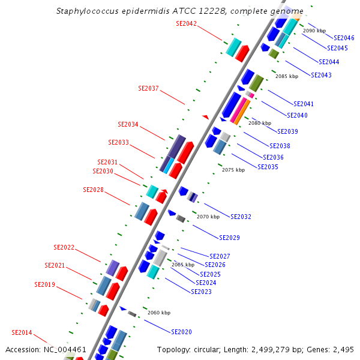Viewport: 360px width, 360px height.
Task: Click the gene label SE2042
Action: click(x=186, y=23)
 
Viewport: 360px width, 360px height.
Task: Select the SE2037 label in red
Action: click(x=148, y=88)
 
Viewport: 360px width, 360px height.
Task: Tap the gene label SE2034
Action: click(x=128, y=124)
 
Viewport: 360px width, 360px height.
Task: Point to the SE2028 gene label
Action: click(x=93, y=190)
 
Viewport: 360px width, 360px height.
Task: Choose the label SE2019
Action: click(x=44, y=284)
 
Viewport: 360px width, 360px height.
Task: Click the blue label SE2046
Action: click(x=344, y=38)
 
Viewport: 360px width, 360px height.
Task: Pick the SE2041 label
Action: click(x=304, y=104)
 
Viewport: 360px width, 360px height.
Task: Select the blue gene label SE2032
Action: click(x=241, y=217)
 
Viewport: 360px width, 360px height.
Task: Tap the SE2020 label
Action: click(x=181, y=332)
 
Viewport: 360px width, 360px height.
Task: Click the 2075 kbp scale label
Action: click(x=233, y=170)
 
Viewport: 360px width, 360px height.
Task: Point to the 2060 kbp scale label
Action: click(x=159, y=313)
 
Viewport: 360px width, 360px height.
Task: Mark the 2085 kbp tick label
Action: click(x=287, y=76)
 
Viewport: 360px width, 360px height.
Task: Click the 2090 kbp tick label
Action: click(x=314, y=30)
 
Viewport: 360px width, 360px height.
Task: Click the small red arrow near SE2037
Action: click(x=205, y=116)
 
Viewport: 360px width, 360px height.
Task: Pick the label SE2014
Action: click(x=22, y=332)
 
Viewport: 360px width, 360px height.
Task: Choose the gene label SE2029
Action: click(x=229, y=238)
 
